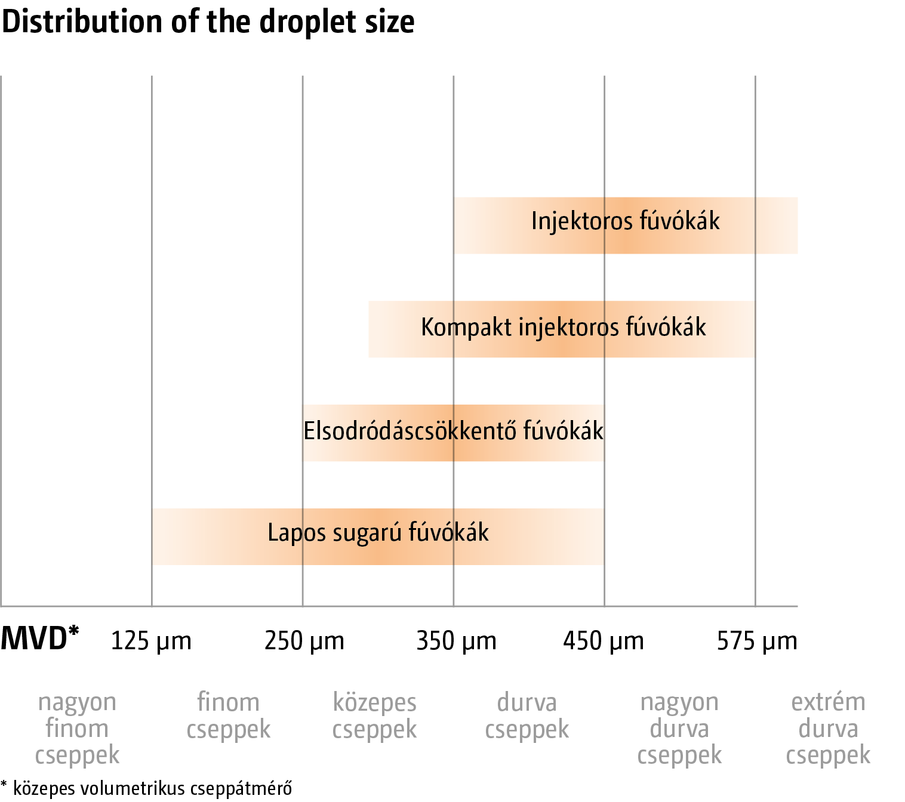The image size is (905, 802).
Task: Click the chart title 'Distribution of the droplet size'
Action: (x=208, y=22)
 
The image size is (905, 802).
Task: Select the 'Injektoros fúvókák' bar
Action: (x=626, y=226)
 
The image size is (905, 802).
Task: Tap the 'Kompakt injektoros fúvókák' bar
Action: (x=562, y=329)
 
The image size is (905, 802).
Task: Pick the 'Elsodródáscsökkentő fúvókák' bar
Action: (x=453, y=433)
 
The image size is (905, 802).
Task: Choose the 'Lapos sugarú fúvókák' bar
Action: (x=378, y=536)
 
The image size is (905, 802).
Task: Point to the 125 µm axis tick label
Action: (x=151, y=641)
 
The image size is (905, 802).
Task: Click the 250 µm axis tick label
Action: (x=304, y=641)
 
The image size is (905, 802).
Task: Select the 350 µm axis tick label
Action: (x=456, y=641)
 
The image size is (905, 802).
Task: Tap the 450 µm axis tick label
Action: (x=603, y=641)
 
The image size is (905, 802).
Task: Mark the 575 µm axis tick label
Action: (x=757, y=641)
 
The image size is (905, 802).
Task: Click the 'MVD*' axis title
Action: (x=40, y=638)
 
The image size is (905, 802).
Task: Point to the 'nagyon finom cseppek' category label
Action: (x=77, y=729)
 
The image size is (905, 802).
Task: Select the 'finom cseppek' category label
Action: (x=228, y=716)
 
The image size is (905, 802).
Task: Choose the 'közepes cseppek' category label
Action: (x=374, y=716)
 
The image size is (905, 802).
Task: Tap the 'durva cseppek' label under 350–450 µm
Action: (x=527, y=716)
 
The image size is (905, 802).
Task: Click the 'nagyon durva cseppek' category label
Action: (x=679, y=729)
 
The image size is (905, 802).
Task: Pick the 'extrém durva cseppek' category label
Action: (x=828, y=729)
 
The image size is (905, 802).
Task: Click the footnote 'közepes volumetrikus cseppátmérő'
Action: (x=152, y=788)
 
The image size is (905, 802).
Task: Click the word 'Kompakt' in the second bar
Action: (x=466, y=328)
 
